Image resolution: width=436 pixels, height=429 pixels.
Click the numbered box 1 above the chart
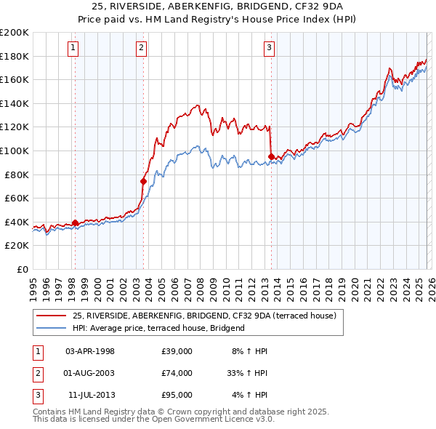[x=74, y=49]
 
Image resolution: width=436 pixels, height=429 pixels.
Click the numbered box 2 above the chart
[x=141, y=49]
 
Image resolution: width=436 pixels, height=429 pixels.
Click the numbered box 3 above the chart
[x=269, y=49]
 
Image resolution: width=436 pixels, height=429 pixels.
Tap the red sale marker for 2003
[x=143, y=181]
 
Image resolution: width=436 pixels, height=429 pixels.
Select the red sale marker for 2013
[x=271, y=156]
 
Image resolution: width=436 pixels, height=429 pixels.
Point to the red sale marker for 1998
[x=75, y=223]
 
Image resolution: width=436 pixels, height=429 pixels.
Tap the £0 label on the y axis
[x=22, y=269]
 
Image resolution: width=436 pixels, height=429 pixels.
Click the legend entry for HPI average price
[x=158, y=328]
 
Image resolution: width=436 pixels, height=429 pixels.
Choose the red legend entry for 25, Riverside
[x=203, y=316]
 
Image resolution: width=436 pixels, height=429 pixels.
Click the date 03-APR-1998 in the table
[x=90, y=351]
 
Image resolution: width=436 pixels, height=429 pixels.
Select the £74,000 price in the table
[x=177, y=373]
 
